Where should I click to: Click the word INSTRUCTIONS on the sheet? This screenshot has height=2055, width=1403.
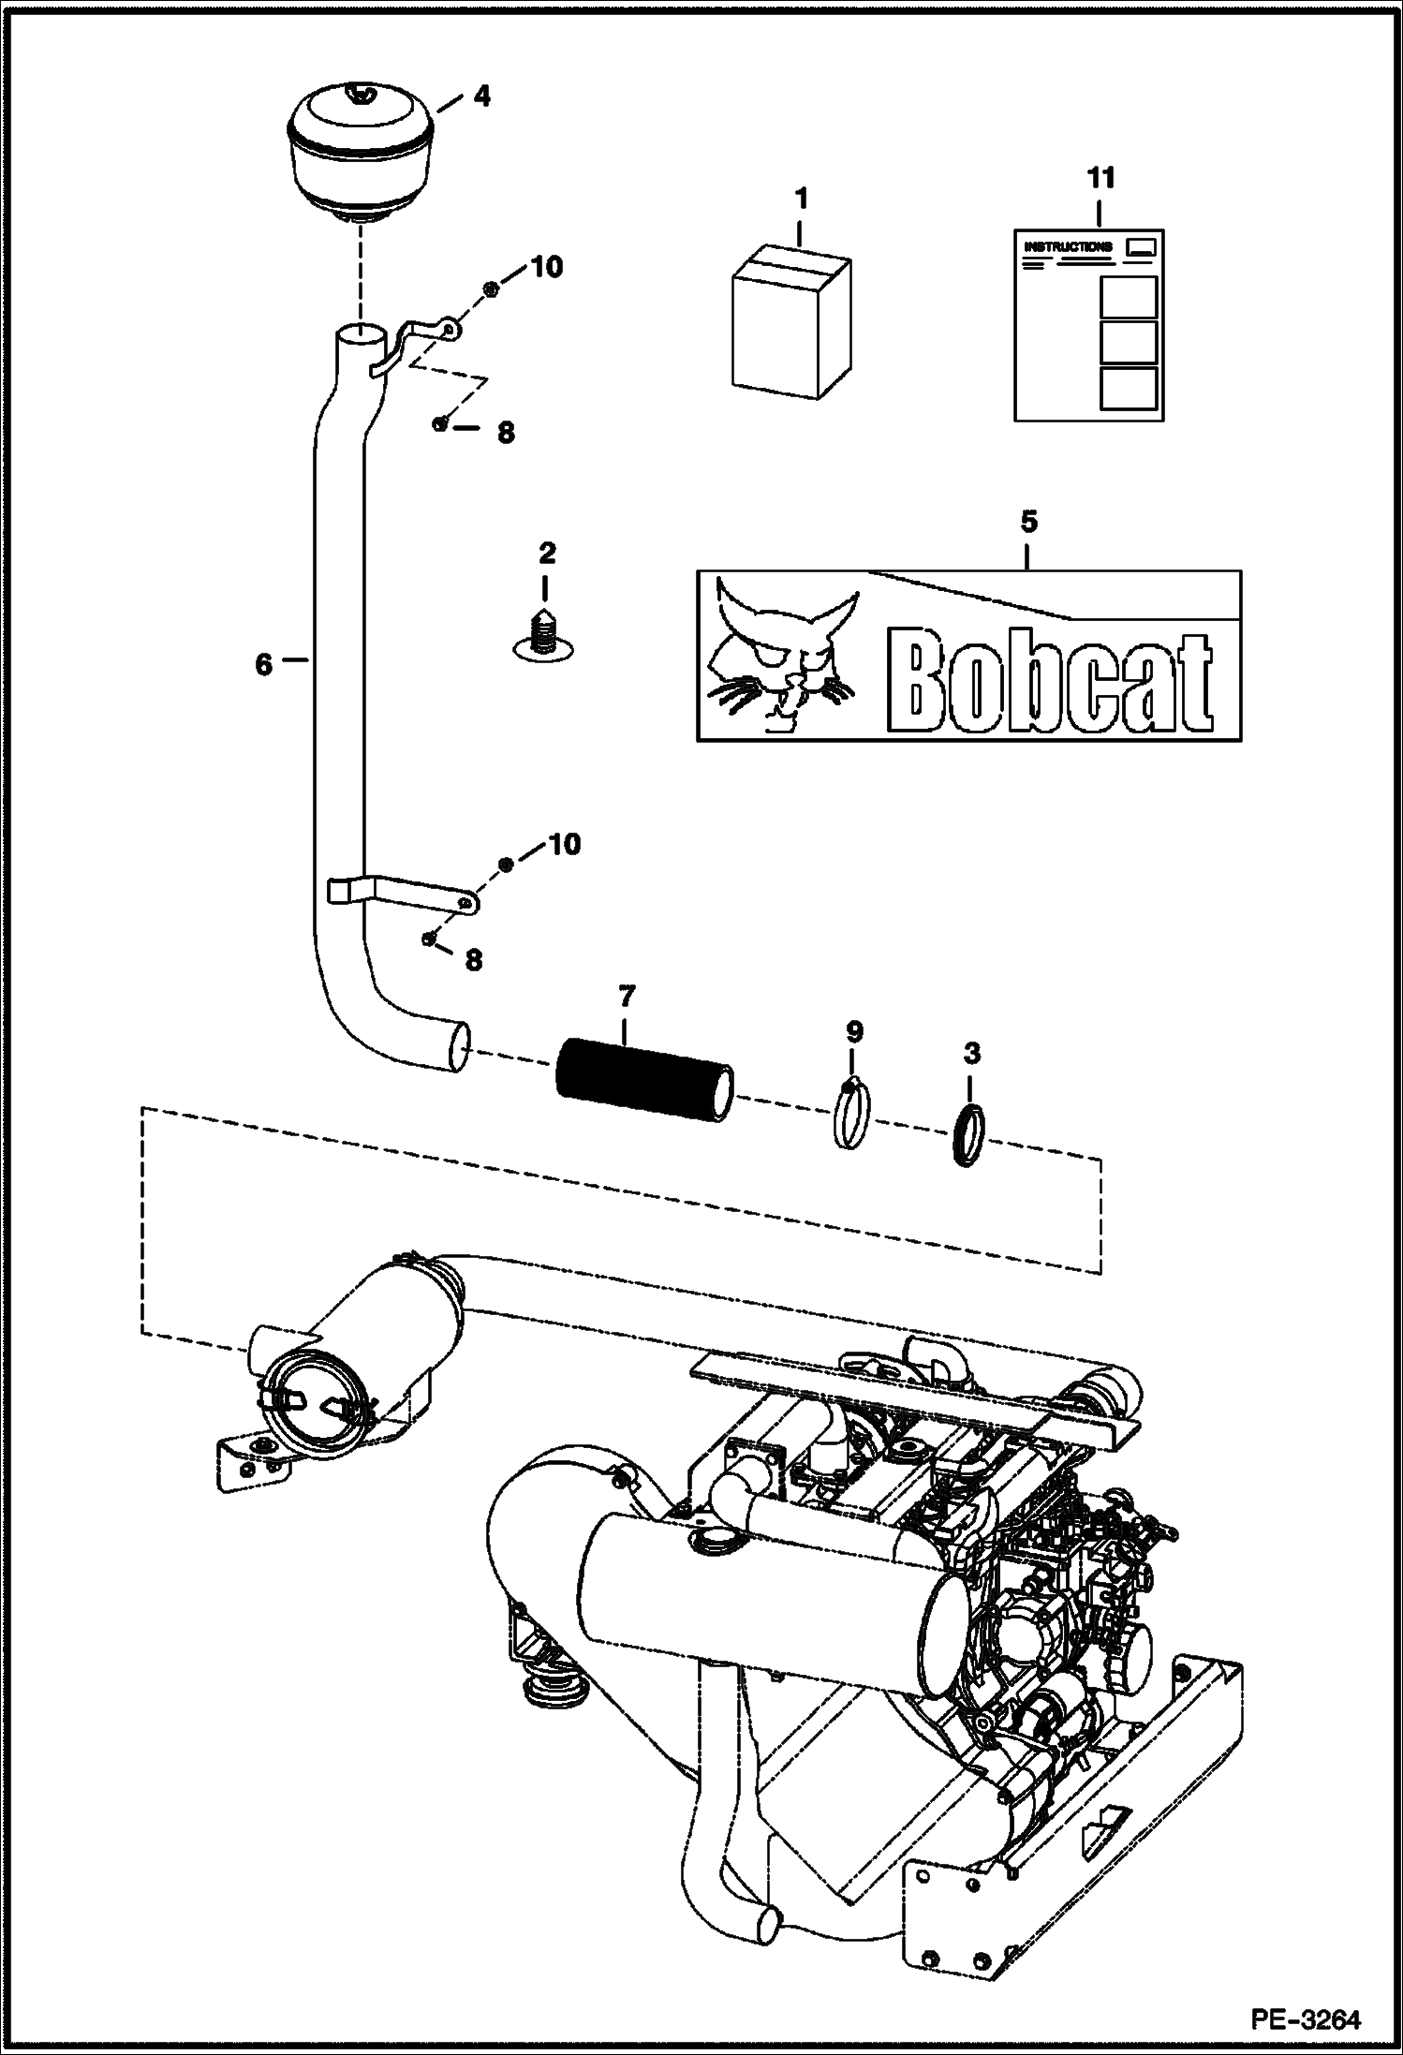click(1068, 246)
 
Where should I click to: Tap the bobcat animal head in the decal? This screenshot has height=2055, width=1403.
click(777, 656)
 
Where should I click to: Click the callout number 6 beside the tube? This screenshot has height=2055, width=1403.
click(263, 664)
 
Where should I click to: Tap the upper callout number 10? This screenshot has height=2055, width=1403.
click(547, 267)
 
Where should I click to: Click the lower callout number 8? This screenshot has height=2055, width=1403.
click(474, 960)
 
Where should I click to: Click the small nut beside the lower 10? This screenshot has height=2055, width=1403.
click(505, 864)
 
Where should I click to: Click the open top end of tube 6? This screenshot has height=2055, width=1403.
click(361, 333)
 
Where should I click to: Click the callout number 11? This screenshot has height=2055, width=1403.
click(1100, 177)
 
